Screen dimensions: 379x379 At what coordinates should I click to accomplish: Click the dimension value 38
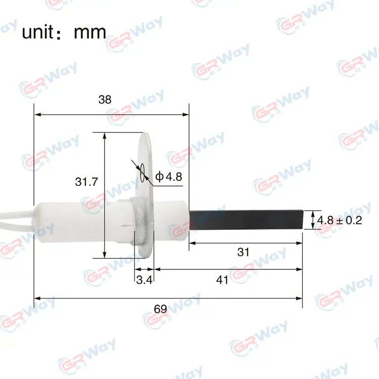click(x=105, y=100)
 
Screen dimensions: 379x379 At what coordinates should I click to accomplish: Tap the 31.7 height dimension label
click(x=86, y=182)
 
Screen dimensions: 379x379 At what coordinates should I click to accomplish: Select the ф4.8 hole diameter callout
click(x=169, y=177)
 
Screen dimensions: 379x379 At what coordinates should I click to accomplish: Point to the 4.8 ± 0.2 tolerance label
click(x=340, y=220)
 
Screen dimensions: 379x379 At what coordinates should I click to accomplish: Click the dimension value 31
click(x=243, y=252)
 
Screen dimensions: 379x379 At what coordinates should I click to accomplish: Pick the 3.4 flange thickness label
click(x=145, y=280)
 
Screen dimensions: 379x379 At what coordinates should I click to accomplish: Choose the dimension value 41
click(x=222, y=280)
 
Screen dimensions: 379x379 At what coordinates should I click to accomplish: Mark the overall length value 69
click(x=161, y=309)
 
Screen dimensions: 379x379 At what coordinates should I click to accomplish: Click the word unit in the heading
click(x=38, y=32)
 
